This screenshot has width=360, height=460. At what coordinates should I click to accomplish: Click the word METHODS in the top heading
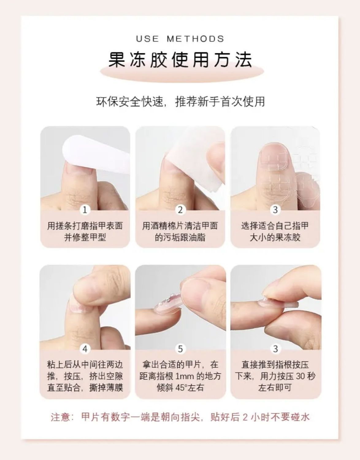point(195,39)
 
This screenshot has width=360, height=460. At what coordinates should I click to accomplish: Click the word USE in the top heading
point(147,39)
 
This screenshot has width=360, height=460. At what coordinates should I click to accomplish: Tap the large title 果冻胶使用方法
point(180,59)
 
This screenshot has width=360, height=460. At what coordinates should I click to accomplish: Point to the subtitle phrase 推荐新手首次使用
point(220,102)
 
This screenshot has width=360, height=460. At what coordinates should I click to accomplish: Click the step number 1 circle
point(85,210)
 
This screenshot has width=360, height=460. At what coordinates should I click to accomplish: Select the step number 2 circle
point(180,210)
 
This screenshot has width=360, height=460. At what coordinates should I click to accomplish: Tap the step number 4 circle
point(85,349)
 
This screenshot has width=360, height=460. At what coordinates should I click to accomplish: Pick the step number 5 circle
point(180,349)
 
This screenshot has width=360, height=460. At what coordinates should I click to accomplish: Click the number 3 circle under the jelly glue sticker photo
point(275,210)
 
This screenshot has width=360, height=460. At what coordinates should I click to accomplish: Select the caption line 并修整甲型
point(85,237)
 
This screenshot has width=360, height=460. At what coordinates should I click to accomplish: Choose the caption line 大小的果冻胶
point(275,237)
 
